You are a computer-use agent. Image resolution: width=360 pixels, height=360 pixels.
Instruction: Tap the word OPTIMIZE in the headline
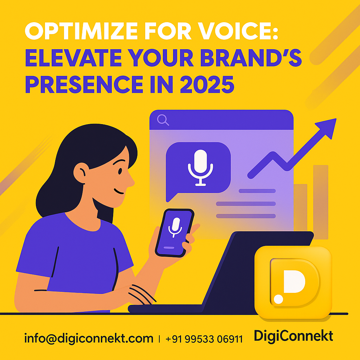coord(81,31)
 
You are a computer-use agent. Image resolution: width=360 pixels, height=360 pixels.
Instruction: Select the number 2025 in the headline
coord(207,84)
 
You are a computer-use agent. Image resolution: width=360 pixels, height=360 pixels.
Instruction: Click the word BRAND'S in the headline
coord(251,58)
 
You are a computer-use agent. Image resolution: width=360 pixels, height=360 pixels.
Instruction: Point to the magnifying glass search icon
coord(163,120)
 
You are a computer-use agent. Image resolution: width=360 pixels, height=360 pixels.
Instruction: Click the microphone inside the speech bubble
coord(200,167)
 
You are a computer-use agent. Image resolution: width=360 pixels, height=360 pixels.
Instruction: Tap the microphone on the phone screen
coord(175,227)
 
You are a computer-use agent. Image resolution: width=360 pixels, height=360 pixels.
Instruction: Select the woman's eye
coord(120,171)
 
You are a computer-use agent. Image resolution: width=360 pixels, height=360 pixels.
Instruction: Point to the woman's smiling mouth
coord(119,191)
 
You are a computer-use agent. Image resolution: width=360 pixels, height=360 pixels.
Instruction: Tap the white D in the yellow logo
coord(294,282)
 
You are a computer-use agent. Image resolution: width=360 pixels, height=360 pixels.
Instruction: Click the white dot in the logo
coord(278,299)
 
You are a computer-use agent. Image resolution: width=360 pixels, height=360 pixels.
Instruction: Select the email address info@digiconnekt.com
coord(89,339)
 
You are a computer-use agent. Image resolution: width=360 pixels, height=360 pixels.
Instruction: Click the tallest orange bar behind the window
coord(321,202)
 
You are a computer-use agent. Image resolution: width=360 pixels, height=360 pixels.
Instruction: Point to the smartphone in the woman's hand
coord(174,233)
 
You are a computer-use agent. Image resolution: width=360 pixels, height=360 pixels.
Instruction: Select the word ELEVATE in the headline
coord(73,58)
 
